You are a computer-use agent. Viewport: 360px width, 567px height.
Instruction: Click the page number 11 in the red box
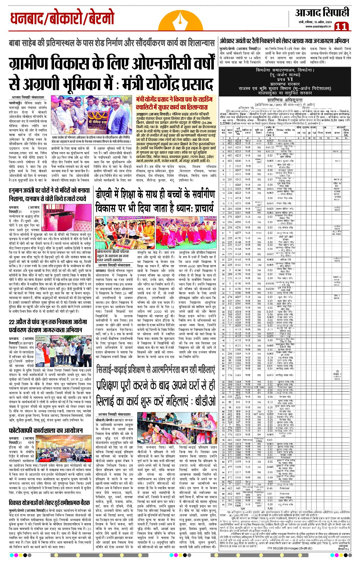pyautogui.click(x=341, y=26)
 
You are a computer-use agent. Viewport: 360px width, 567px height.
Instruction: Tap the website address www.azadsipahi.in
pyautogui.click(x=318, y=26)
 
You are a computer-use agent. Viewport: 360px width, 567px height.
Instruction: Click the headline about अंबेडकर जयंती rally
pyautogui.click(x=284, y=41)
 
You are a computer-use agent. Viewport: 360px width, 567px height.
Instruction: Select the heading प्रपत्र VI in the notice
pyautogui.click(x=285, y=79)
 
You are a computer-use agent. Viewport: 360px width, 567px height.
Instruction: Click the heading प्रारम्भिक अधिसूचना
pyautogui.click(x=285, y=100)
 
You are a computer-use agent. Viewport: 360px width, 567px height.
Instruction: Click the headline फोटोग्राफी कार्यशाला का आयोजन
pyautogui.click(x=45, y=430)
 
